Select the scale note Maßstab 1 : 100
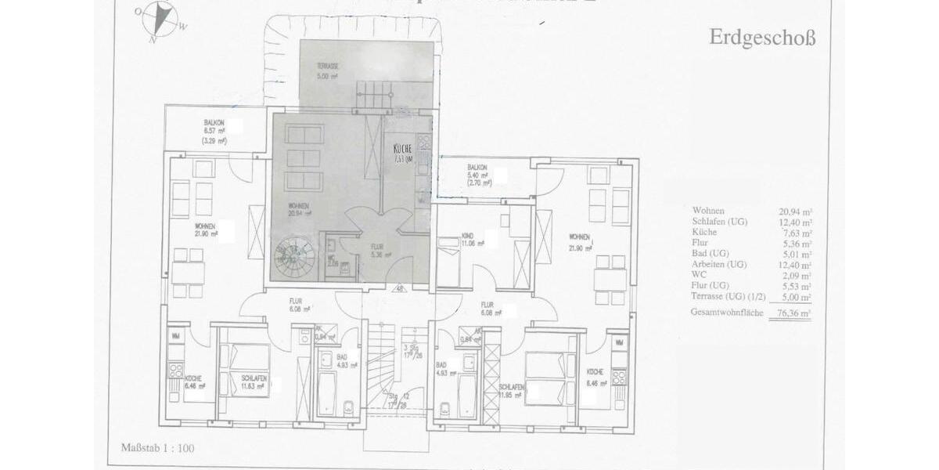click(x=157, y=449)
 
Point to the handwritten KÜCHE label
click(x=402, y=150)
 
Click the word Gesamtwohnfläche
click(x=727, y=313)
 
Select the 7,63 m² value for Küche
click(x=795, y=233)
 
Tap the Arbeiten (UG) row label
click(x=719, y=265)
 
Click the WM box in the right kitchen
click(x=619, y=343)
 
